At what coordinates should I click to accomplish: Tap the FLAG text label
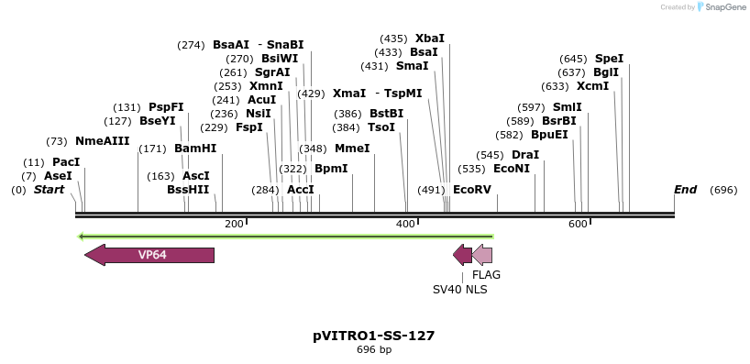point(486,274)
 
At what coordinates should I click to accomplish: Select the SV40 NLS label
point(459,290)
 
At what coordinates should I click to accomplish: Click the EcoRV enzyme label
point(472,190)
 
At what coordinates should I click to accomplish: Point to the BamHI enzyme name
point(195,149)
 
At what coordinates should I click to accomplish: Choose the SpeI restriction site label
point(609,59)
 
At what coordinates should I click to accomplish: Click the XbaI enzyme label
point(430,39)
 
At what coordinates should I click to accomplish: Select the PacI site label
point(66,162)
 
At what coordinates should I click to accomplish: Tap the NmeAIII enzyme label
point(102,141)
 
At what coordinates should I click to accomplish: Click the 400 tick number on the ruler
point(405,225)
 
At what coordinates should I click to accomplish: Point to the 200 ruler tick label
point(234,225)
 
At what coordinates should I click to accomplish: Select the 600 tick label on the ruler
point(578,225)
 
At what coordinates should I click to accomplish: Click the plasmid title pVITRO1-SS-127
point(373,336)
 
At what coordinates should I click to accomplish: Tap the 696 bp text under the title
point(373,349)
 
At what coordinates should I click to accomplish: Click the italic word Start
point(50,190)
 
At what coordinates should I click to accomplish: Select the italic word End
point(685,190)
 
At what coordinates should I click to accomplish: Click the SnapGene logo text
point(725,7)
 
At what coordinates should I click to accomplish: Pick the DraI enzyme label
point(525,155)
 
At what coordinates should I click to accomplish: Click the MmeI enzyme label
point(352,149)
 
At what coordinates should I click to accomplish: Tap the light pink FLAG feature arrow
point(482,255)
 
